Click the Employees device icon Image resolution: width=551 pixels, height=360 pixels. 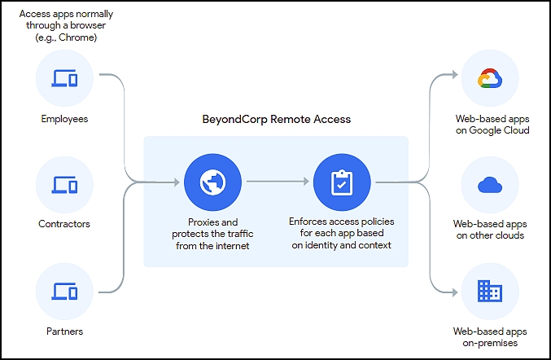pos(64,78)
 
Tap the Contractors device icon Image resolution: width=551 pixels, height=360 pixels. pos(64,185)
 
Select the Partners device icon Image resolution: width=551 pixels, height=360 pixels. pos(64,291)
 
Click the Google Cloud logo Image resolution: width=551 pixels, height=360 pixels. pos(490,78)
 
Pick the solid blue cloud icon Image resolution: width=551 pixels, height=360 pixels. pos(490,185)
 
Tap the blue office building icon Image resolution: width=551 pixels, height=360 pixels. pos(490,291)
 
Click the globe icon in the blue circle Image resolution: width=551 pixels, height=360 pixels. pos(212,182)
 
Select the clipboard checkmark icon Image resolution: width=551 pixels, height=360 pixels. pos(342,182)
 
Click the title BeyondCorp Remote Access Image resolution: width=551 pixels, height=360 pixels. pos(276,119)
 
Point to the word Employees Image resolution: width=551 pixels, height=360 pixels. pos(64,119)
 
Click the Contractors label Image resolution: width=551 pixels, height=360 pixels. pos(64,224)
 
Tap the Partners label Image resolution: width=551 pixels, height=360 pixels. pos(64,331)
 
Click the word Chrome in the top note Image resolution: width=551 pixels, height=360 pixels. pos(77,37)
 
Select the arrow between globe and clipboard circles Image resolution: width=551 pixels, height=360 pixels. pos(278,182)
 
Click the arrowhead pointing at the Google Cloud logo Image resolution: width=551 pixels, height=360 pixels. pos(455,74)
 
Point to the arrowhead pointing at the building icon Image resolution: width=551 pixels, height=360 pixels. pos(455,292)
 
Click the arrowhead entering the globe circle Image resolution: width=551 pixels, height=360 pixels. pos(177,182)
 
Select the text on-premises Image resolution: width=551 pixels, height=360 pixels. pos(490,343)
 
